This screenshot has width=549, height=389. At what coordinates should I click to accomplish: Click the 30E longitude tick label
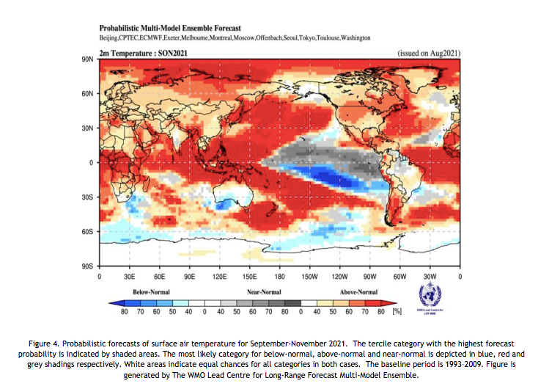[129, 277]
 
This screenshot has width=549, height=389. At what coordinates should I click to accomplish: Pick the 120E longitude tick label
[219, 277]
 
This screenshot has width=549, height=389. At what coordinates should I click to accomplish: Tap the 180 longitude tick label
[279, 277]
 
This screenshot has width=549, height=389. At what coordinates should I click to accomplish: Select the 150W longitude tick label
[309, 277]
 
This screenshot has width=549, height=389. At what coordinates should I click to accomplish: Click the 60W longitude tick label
[399, 277]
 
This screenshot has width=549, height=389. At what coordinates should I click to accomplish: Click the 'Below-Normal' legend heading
[151, 291]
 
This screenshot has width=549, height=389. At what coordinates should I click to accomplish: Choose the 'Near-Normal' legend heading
[265, 291]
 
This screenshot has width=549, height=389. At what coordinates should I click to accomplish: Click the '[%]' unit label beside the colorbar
[398, 311]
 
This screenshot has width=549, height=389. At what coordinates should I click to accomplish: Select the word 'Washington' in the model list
[353, 37]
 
